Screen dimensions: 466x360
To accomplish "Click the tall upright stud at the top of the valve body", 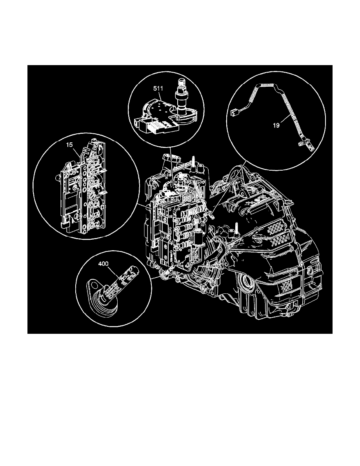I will point(193,163).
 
